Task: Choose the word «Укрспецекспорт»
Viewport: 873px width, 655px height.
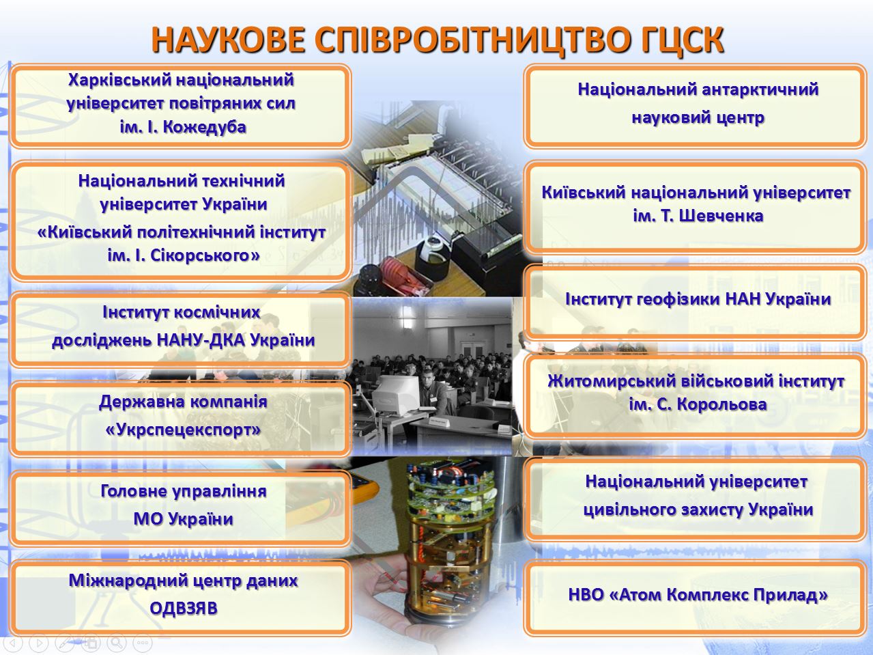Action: (184, 430)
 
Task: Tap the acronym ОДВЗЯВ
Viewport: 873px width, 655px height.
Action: (184, 609)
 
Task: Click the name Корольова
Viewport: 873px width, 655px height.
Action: (721, 405)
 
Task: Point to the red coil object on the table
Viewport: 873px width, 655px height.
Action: (399, 273)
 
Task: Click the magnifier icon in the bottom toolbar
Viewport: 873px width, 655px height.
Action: (117, 641)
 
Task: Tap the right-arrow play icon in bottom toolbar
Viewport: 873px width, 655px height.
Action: (39, 641)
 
